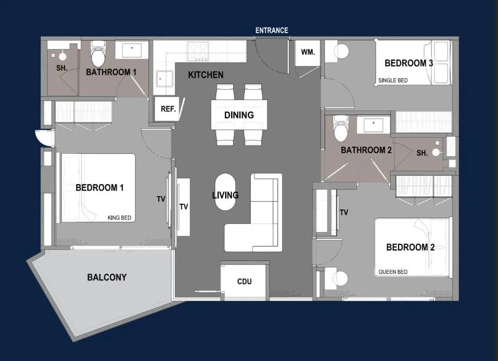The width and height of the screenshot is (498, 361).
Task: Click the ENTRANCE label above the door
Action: [x=272, y=30]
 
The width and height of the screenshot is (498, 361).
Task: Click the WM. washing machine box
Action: [x=307, y=53]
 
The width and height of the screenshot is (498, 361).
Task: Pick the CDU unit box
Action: [x=244, y=282]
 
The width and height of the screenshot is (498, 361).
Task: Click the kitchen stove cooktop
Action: [x=198, y=51]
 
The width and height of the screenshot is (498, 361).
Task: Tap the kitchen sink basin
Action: [x=164, y=79]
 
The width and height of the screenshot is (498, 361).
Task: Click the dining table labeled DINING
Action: [x=239, y=115]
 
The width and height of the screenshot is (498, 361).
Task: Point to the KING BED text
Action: [x=120, y=218]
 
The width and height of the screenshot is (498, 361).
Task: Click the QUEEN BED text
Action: [x=393, y=272]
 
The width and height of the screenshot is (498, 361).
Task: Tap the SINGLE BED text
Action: [x=393, y=81]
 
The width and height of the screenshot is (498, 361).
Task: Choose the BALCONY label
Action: [x=107, y=277]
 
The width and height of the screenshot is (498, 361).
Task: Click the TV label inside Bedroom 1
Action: [x=161, y=199]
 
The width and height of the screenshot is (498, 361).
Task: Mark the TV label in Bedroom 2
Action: [x=344, y=212]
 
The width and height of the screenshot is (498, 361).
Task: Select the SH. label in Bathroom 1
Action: [x=62, y=68]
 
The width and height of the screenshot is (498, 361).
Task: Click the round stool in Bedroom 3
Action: [x=342, y=51]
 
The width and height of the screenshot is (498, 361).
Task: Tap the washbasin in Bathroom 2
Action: [x=373, y=125]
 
